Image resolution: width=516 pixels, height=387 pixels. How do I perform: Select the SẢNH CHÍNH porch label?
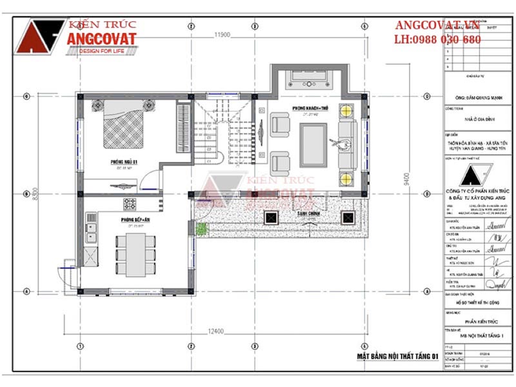point(306,213)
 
